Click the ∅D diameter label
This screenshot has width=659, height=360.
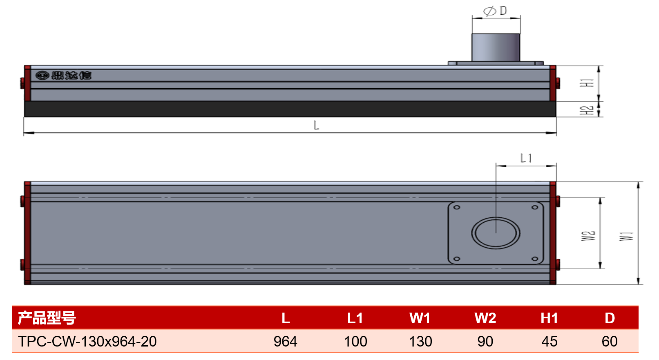tap(495, 11)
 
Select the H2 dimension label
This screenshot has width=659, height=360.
tap(586, 110)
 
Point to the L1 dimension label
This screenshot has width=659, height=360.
tap(526, 158)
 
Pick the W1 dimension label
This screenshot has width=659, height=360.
tap(626, 236)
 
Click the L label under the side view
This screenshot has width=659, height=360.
tap(316, 125)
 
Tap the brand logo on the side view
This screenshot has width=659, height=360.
tap(64, 75)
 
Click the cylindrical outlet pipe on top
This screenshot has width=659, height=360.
tap(496, 47)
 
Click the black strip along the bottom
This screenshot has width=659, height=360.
tap(290, 109)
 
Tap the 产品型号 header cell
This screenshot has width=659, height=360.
tap(47, 318)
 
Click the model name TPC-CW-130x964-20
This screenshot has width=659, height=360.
tap(87, 342)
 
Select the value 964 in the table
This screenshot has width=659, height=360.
tap(285, 342)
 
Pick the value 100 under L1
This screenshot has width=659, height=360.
tap(355, 342)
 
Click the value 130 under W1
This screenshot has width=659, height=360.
tap(420, 342)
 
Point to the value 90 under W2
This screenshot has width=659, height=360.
tap(485, 342)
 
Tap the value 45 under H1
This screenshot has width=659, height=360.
tap(550, 342)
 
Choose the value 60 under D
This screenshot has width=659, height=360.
tap(610, 342)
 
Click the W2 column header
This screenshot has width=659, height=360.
tap(485, 318)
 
